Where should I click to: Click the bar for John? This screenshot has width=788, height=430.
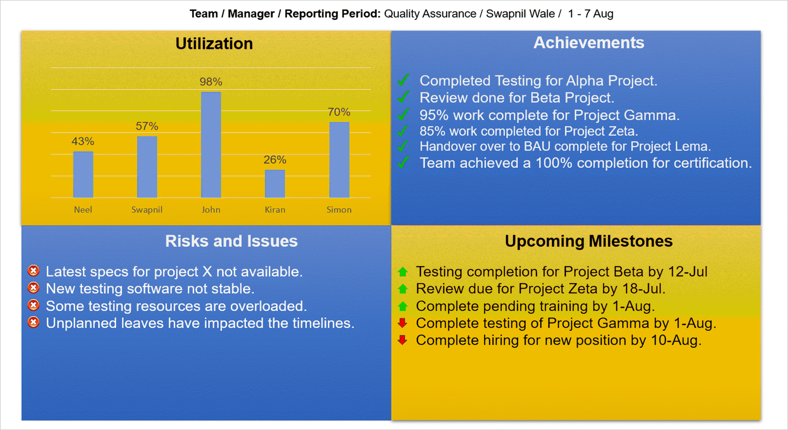click(211, 145)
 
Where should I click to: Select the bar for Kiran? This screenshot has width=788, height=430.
click(275, 183)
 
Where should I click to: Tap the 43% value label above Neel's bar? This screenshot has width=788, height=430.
click(83, 141)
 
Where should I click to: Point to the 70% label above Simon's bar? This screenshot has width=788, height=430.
click(339, 112)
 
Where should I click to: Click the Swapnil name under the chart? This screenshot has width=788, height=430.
click(147, 210)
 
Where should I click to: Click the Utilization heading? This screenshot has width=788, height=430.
click(214, 44)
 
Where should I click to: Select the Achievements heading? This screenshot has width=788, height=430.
click(588, 43)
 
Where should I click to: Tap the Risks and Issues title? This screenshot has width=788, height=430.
click(231, 241)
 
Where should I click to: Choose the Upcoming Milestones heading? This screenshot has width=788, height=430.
click(588, 241)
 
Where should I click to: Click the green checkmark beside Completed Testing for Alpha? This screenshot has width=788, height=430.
click(404, 80)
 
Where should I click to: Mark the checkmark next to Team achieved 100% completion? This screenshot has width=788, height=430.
click(404, 162)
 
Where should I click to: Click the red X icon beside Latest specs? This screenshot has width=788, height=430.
click(33, 271)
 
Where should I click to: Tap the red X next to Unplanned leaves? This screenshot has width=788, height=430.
click(33, 323)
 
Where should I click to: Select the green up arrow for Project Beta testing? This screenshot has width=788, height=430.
click(403, 272)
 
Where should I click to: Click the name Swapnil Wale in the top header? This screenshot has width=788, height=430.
click(520, 14)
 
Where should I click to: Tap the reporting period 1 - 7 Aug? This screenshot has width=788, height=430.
click(591, 14)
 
